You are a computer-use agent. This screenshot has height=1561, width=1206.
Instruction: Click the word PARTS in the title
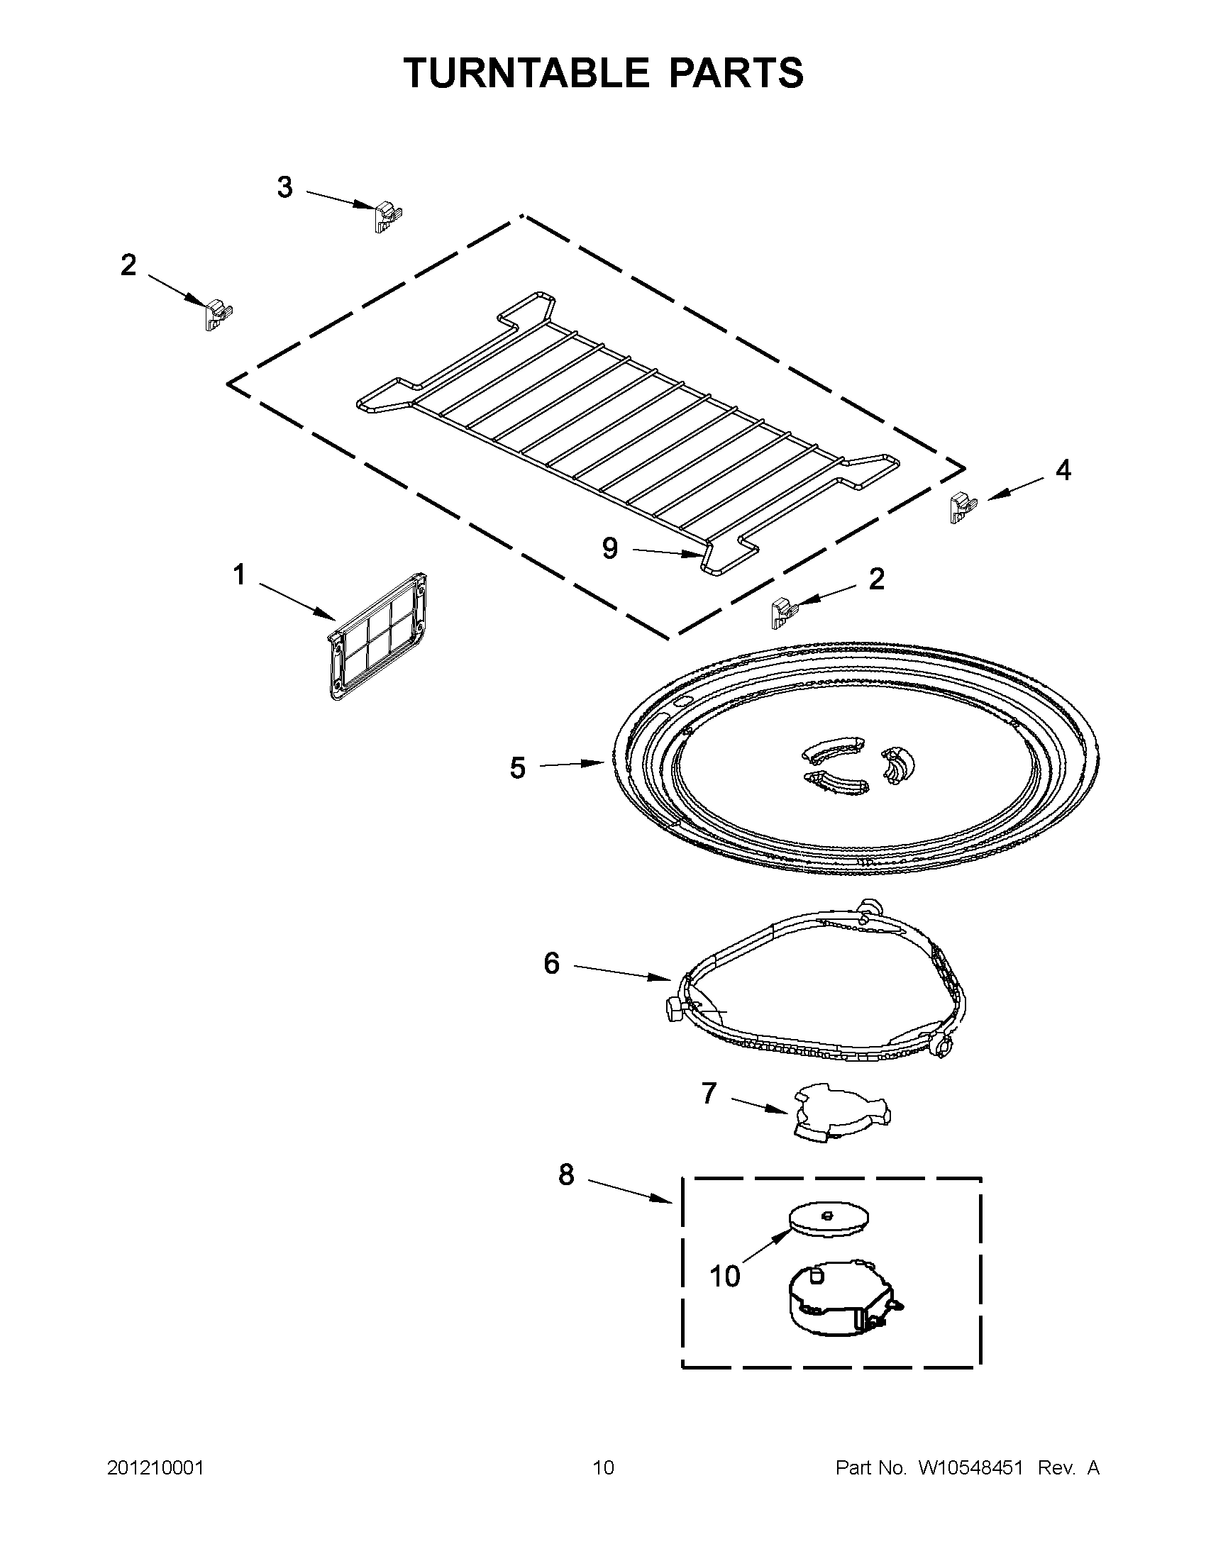[x=736, y=72]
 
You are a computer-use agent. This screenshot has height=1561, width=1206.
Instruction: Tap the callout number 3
[x=284, y=187]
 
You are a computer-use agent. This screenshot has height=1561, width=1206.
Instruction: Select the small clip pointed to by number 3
[x=387, y=215]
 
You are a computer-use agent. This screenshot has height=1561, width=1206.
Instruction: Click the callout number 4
[x=1063, y=470]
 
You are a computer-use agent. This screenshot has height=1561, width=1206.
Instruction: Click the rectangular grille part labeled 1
[x=377, y=635]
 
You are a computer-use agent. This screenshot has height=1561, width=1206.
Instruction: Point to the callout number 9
[x=610, y=548]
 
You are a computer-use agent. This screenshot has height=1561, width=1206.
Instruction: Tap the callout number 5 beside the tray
[x=518, y=768]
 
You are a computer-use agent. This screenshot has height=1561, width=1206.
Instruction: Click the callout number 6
[x=551, y=963]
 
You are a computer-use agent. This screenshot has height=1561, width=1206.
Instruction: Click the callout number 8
[x=566, y=1174]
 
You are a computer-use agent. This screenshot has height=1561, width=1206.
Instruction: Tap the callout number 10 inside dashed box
[x=724, y=1277]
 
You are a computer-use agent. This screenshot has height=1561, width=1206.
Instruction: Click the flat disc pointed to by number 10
[x=829, y=1218]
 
